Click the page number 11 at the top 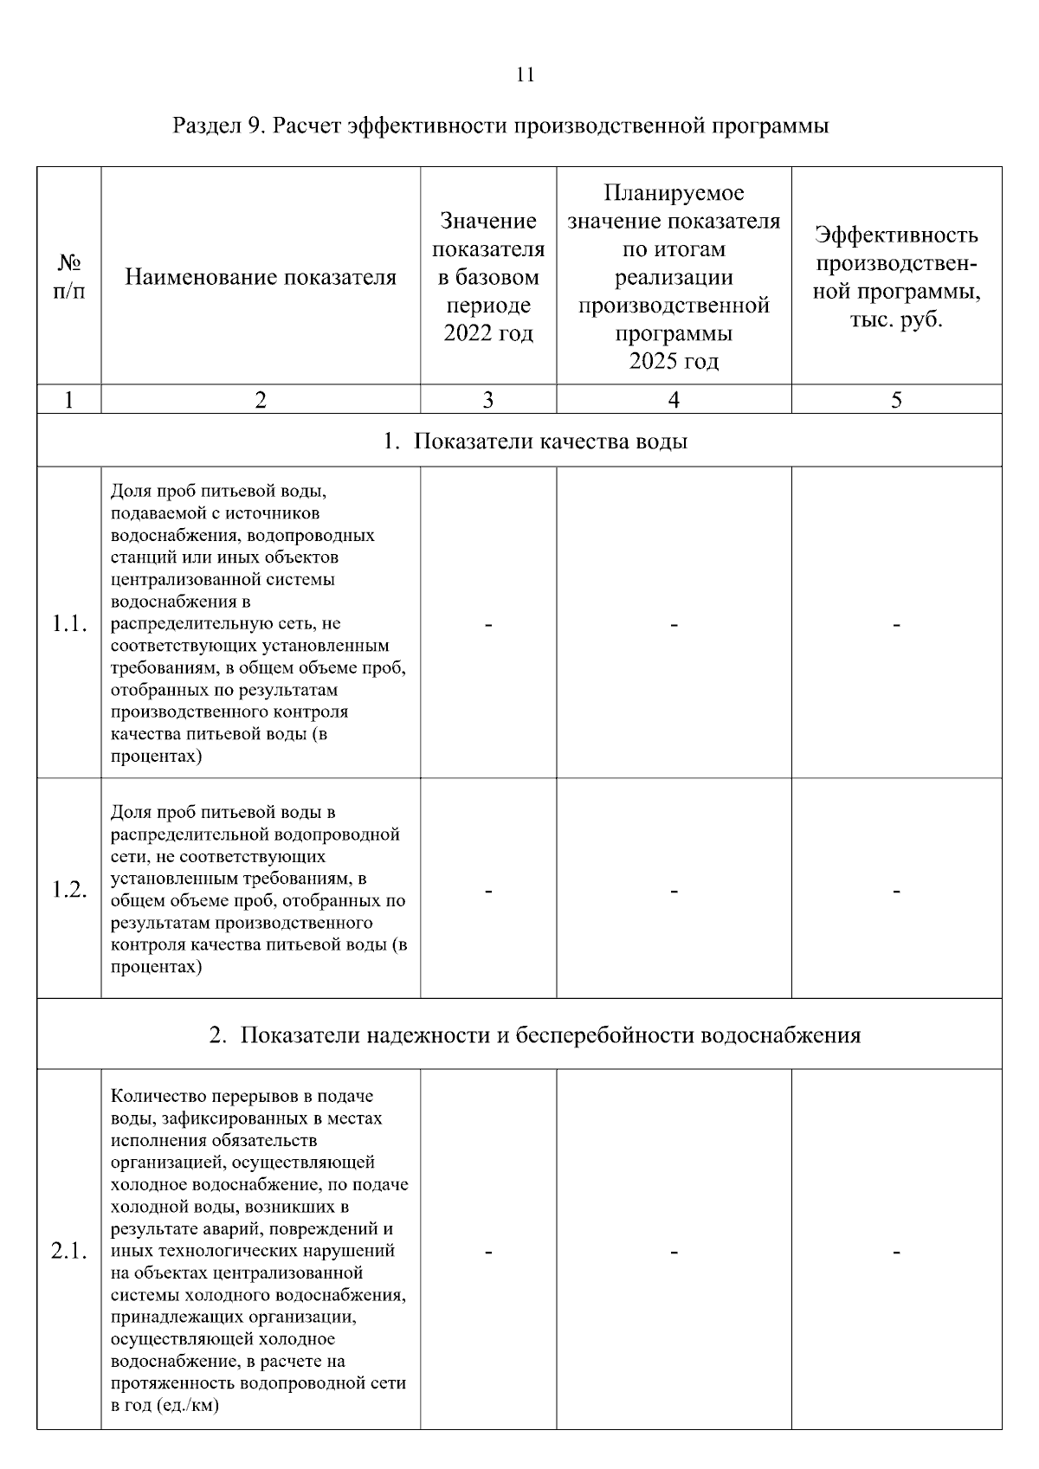click(526, 75)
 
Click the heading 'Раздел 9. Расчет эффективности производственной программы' click(500, 126)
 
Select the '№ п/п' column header click(68, 277)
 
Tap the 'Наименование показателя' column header click(261, 278)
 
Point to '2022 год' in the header click(488, 333)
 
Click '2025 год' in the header click(674, 361)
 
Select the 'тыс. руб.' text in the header click(896, 319)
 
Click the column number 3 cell click(488, 399)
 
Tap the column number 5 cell click(896, 399)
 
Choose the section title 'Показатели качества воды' click(551, 441)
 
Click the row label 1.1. click(69, 624)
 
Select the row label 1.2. click(69, 890)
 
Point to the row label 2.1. click(69, 1252)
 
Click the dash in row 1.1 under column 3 click(488, 624)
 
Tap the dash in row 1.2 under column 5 click(896, 890)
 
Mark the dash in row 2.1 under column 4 click(674, 1252)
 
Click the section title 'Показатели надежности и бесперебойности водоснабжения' click(550, 1035)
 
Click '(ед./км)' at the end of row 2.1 click(188, 1405)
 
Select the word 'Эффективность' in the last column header click(896, 235)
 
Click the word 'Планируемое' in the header click(674, 193)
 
